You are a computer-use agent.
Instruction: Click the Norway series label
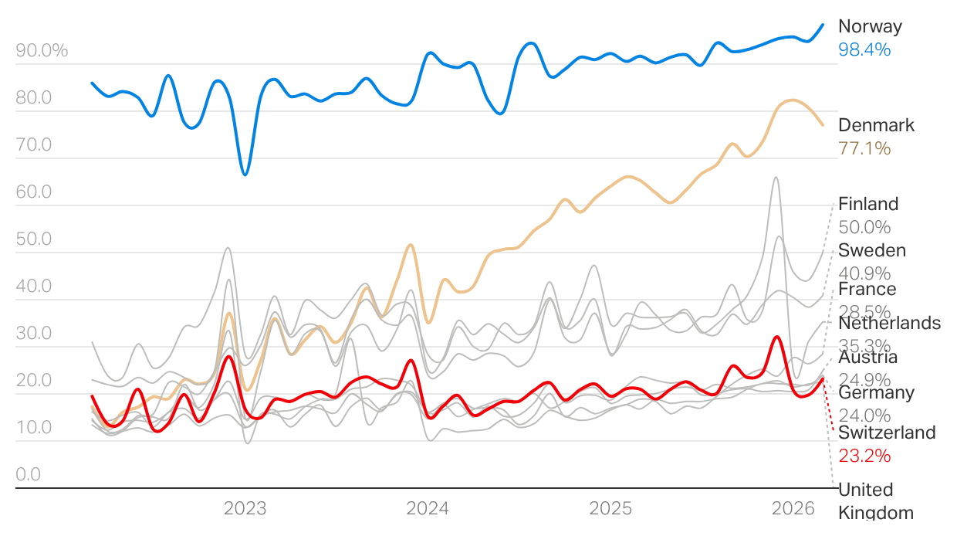[x=870, y=26]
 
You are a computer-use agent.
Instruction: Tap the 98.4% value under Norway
[x=864, y=49]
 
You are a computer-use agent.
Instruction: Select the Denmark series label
[x=876, y=125]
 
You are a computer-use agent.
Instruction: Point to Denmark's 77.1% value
[x=864, y=148]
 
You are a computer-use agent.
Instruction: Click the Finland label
[x=868, y=204]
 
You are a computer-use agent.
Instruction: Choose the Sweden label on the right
[x=872, y=250]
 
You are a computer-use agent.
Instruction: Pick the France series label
[x=867, y=289]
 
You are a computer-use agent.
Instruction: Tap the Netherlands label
[x=889, y=323]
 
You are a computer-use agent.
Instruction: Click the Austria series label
[x=867, y=358]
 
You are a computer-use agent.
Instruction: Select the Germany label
[x=876, y=392]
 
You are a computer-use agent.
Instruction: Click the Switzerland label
[x=887, y=433]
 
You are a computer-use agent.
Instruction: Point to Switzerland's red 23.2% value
[x=864, y=456]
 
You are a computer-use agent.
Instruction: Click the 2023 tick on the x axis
[x=245, y=508]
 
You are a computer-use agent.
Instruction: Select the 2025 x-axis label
[x=610, y=508]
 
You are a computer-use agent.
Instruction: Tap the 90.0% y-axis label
[x=42, y=51]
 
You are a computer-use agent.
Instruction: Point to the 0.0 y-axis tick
[x=28, y=474]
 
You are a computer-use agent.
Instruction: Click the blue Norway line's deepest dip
[x=245, y=175]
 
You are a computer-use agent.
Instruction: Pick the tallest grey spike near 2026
[x=775, y=178]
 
